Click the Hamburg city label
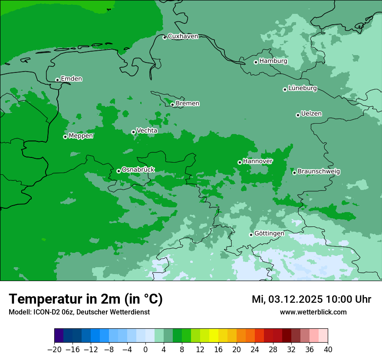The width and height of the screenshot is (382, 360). click(273, 61)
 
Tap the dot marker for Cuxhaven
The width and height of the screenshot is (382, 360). click(165, 37)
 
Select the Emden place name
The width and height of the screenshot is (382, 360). click(71, 79)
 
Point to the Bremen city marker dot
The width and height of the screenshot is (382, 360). click(172, 105)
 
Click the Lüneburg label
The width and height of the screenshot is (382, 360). click(302, 88)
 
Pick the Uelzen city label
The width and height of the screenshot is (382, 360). click(311, 114)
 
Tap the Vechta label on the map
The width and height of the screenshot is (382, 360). click(147, 131)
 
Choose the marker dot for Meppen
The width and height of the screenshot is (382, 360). click(65, 137)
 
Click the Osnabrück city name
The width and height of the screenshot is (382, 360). click(138, 170)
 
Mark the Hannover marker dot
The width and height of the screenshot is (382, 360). click(240, 162)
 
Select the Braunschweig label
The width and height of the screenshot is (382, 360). click(319, 171)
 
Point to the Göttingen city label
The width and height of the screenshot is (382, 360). click(269, 233)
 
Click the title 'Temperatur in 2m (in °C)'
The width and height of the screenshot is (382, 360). click(86, 299)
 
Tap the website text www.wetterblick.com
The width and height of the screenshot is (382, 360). click(313, 312)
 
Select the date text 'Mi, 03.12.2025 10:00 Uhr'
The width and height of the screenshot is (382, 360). click(311, 299)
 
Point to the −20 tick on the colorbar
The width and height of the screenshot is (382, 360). click(54, 350)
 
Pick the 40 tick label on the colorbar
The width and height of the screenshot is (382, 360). click(328, 350)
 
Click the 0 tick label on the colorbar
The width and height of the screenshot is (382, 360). click(145, 350)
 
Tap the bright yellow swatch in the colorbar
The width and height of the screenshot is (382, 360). click(214, 336)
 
